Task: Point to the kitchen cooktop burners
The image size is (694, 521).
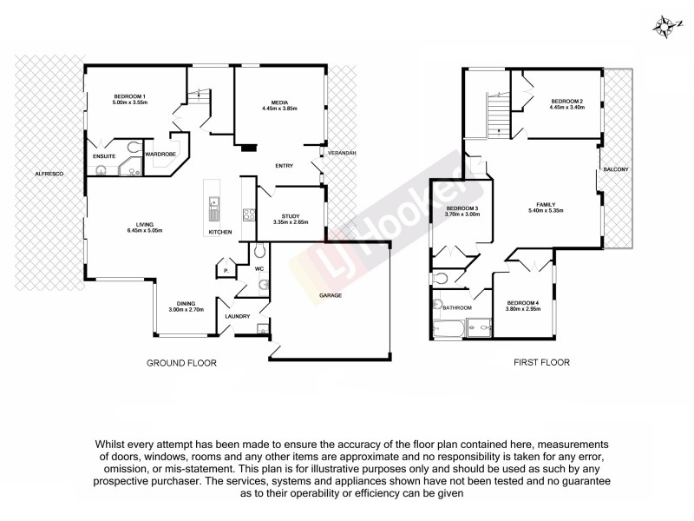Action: tap(247, 214)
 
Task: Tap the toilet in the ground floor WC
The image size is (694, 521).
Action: tap(260, 253)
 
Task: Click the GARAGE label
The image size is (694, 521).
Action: tap(330, 295)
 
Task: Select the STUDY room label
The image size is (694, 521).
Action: tap(291, 215)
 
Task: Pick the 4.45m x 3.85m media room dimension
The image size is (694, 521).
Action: tap(279, 109)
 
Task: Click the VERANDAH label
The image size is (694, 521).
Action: tap(341, 153)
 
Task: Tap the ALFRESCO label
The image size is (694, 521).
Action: tap(47, 174)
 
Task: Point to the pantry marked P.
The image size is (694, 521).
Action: tap(226, 271)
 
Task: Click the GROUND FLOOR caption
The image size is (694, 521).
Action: tap(182, 363)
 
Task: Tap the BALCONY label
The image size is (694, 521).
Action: tap(616, 168)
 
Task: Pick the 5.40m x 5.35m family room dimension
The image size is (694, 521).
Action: tap(546, 210)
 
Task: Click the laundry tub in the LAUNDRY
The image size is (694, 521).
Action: tap(261, 326)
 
